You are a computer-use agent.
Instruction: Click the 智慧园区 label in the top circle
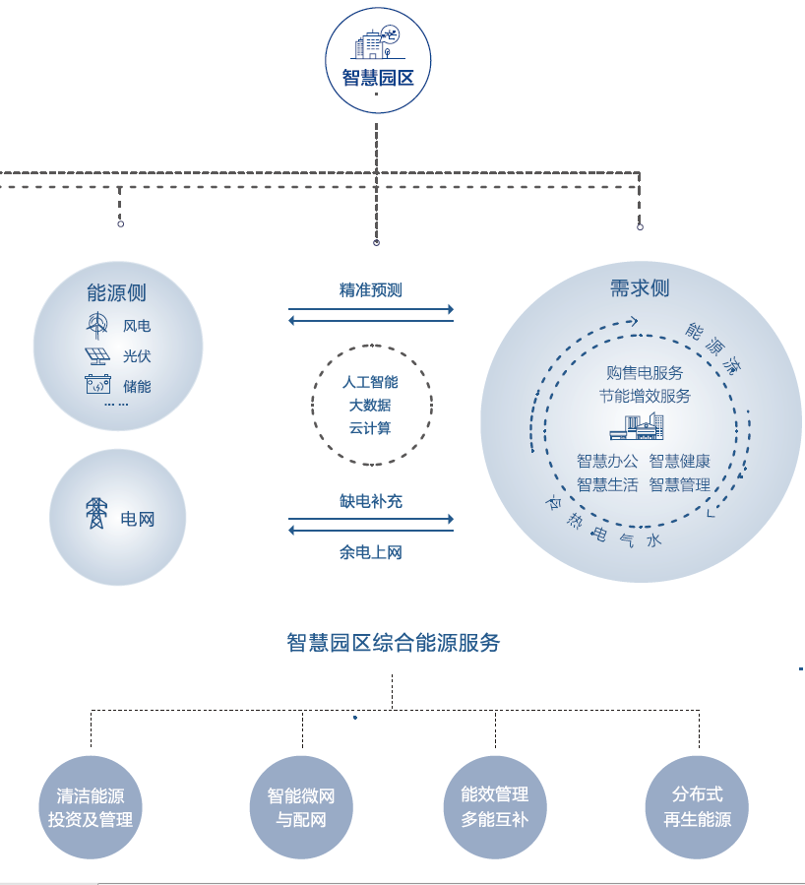377,78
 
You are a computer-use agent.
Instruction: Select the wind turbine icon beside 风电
97,324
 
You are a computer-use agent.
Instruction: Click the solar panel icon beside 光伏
97,355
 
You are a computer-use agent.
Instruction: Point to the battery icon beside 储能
97,385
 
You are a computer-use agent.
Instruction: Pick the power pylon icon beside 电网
95,514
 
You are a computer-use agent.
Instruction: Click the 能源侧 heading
116,292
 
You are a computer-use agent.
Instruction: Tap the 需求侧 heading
640,287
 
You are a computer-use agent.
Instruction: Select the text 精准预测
371,290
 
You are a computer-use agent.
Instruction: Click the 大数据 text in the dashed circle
370,405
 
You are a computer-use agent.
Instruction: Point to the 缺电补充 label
371,501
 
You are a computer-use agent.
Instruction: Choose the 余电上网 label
371,552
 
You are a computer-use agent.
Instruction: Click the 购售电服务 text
645,373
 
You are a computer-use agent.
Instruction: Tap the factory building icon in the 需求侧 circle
637,426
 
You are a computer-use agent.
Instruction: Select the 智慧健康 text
679,461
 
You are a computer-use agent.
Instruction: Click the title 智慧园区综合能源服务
394,643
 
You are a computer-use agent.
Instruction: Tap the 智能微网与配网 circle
301,807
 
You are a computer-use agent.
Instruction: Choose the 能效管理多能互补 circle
495,806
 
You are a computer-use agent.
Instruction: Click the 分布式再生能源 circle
698,806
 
